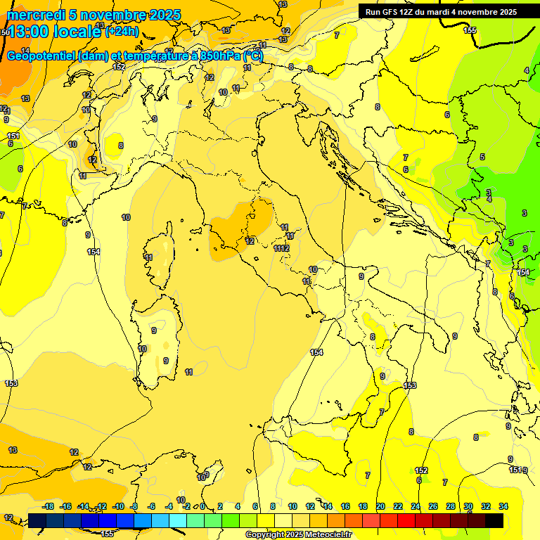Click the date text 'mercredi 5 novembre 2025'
pos(94,15)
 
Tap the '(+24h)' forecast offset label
pos(122,32)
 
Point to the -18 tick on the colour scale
pos(49,506)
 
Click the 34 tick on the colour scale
pos(503,506)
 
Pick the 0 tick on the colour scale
pos(202,506)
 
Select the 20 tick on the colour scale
pos(380,506)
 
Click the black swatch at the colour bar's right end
pos(494,520)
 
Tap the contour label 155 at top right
pos(470,30)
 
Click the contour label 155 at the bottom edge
pos(107,534)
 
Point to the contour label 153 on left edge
pos(11,383)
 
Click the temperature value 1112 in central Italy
pos(281,248)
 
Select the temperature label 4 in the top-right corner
pos(526,70)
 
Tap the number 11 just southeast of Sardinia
pos(188,371)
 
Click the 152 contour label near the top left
pos(120,67)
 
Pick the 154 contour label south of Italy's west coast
pos(316,352)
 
